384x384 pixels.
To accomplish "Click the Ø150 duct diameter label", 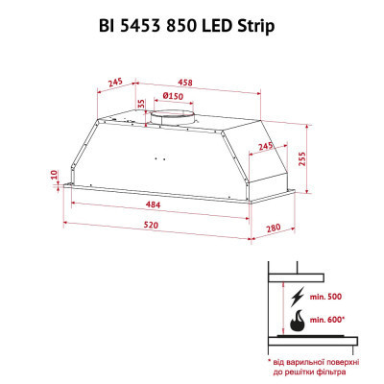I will [175, 96].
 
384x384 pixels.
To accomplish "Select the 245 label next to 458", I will [115, 84].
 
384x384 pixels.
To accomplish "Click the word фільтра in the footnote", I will [341, 371].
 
